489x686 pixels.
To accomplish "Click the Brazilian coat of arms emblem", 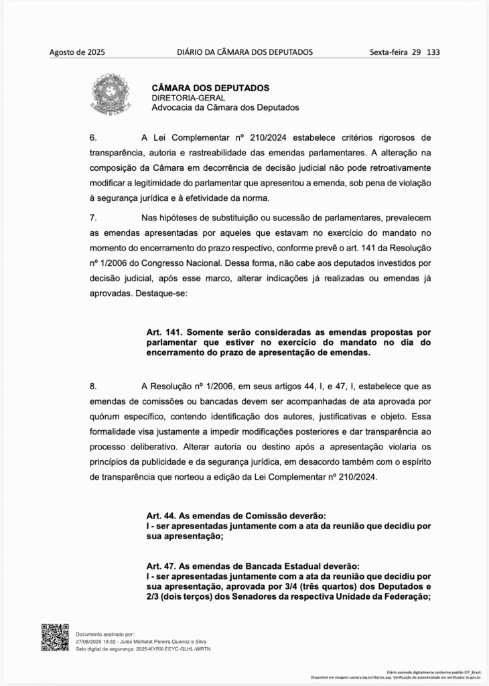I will (111, 94).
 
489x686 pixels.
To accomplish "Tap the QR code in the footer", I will (55, 637).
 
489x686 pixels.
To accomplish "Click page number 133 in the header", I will (433, 52).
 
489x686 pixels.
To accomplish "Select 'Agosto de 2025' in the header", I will (77, 52).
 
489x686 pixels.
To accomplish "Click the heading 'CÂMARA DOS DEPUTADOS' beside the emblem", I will (210, 88).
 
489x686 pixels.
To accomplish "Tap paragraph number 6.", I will (94, 138).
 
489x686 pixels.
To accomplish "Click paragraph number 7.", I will (94, 217).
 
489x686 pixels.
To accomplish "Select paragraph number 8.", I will (94, 387).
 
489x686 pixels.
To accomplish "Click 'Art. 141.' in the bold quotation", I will (164, 332).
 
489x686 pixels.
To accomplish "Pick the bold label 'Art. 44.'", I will (161, 516).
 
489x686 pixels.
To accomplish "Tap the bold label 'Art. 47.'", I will (161, 566).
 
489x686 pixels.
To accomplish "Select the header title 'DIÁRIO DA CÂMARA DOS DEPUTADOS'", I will (244, 52).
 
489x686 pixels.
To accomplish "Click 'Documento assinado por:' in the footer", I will (105, 633).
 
